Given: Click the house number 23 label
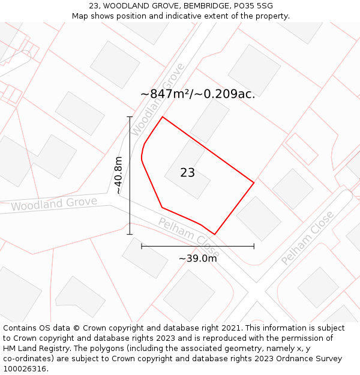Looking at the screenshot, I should tap(187, 173).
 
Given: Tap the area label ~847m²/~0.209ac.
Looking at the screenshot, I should tap(197, 94).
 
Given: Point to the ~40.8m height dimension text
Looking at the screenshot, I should tap(118, 175).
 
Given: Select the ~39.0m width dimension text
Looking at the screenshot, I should tap(197, 259).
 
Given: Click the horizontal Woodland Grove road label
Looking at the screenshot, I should tap(54, 204).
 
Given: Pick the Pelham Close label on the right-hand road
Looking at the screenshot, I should tap(307, 238).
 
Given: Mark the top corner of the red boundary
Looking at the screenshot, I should tap(163, 117).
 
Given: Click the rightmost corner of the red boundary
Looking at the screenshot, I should tap(254, 182).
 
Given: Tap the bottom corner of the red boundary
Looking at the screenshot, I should tap(214, 234).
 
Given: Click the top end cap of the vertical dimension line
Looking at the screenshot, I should tap(130, 117).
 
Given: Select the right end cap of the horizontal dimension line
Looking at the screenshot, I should tap(254, 246).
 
